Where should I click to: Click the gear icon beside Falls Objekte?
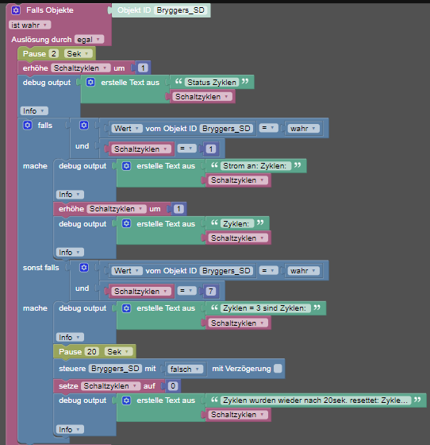(16, 10)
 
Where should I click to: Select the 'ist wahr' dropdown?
(29, 25)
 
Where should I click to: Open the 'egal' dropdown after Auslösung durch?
(89, 40)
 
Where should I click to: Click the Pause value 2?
(53, 54)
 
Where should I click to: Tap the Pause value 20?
(91, 351)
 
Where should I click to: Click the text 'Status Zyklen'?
(212, 83)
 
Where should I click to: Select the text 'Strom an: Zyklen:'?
(255, 166)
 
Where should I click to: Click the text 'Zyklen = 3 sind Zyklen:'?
(264, 308)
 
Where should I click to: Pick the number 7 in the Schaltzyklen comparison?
(210, 291)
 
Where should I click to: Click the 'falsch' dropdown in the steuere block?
(185, 369)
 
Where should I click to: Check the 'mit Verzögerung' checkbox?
(278, 369)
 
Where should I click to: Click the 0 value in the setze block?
(173, 386)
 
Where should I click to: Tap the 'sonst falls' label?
(40, 268)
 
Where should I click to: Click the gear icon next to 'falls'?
(28, 126)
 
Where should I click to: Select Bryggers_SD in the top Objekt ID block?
(180, 10)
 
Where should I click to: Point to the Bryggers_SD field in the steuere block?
(115, 369)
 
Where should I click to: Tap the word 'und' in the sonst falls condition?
(83, 288)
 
